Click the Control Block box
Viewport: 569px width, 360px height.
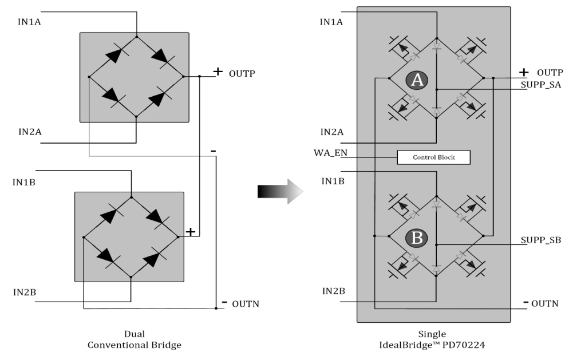click(433, 157)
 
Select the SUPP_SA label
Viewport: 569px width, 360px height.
click(541, 85)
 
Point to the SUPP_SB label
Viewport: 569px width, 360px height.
click(541, 239)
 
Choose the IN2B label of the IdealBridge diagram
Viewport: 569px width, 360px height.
click(333, 291)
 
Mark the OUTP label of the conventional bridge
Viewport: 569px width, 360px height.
click(242, 73)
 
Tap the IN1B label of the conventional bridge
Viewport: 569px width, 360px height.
click(28, 182)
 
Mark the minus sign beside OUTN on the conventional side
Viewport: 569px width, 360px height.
click(224, 302)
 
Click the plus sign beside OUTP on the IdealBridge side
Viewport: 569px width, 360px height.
click(523, 72)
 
